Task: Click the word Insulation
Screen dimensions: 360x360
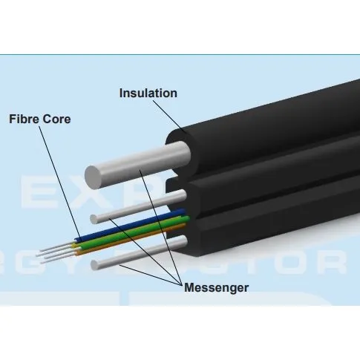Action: tap(148, 94)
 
